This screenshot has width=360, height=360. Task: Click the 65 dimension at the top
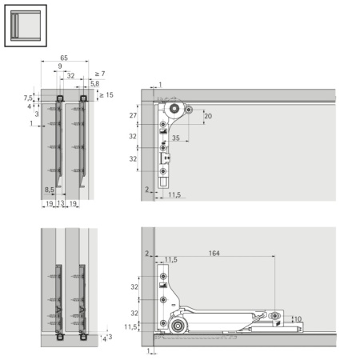click(63, 59)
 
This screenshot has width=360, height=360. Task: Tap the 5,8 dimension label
click(94, 83)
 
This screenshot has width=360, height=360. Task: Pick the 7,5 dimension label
click(28, 98)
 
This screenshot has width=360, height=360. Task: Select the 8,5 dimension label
click(50, 190)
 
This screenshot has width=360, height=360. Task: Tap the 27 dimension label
click(133, 116)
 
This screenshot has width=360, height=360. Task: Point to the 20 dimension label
click(208, 116)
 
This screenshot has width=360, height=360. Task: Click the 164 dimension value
click(214, 254)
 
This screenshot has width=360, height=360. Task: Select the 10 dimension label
click(298, 318)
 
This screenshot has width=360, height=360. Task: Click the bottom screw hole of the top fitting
click(164, 170)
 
